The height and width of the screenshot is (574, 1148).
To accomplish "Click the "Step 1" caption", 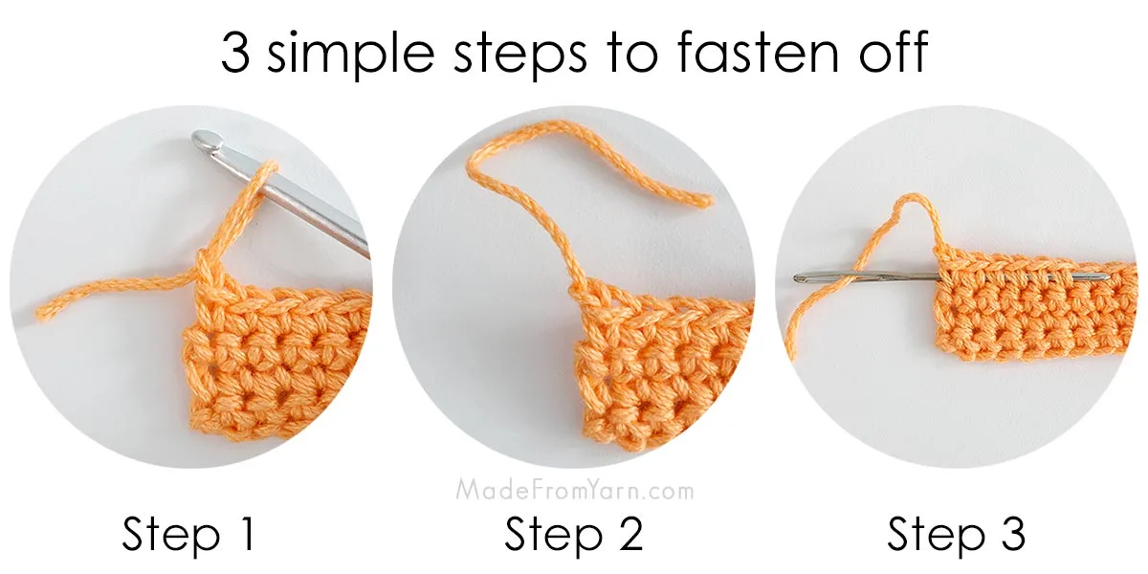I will point(189,535).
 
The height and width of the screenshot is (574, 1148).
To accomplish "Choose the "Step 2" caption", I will point(573,535).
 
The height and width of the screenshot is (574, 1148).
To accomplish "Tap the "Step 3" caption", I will point(956,535).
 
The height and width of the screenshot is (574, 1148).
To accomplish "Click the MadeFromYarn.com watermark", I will point(574,492).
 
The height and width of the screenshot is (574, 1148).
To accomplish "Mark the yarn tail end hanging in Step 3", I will point(792,353).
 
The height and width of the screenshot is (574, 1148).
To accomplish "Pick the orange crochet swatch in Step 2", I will point(660,373).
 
